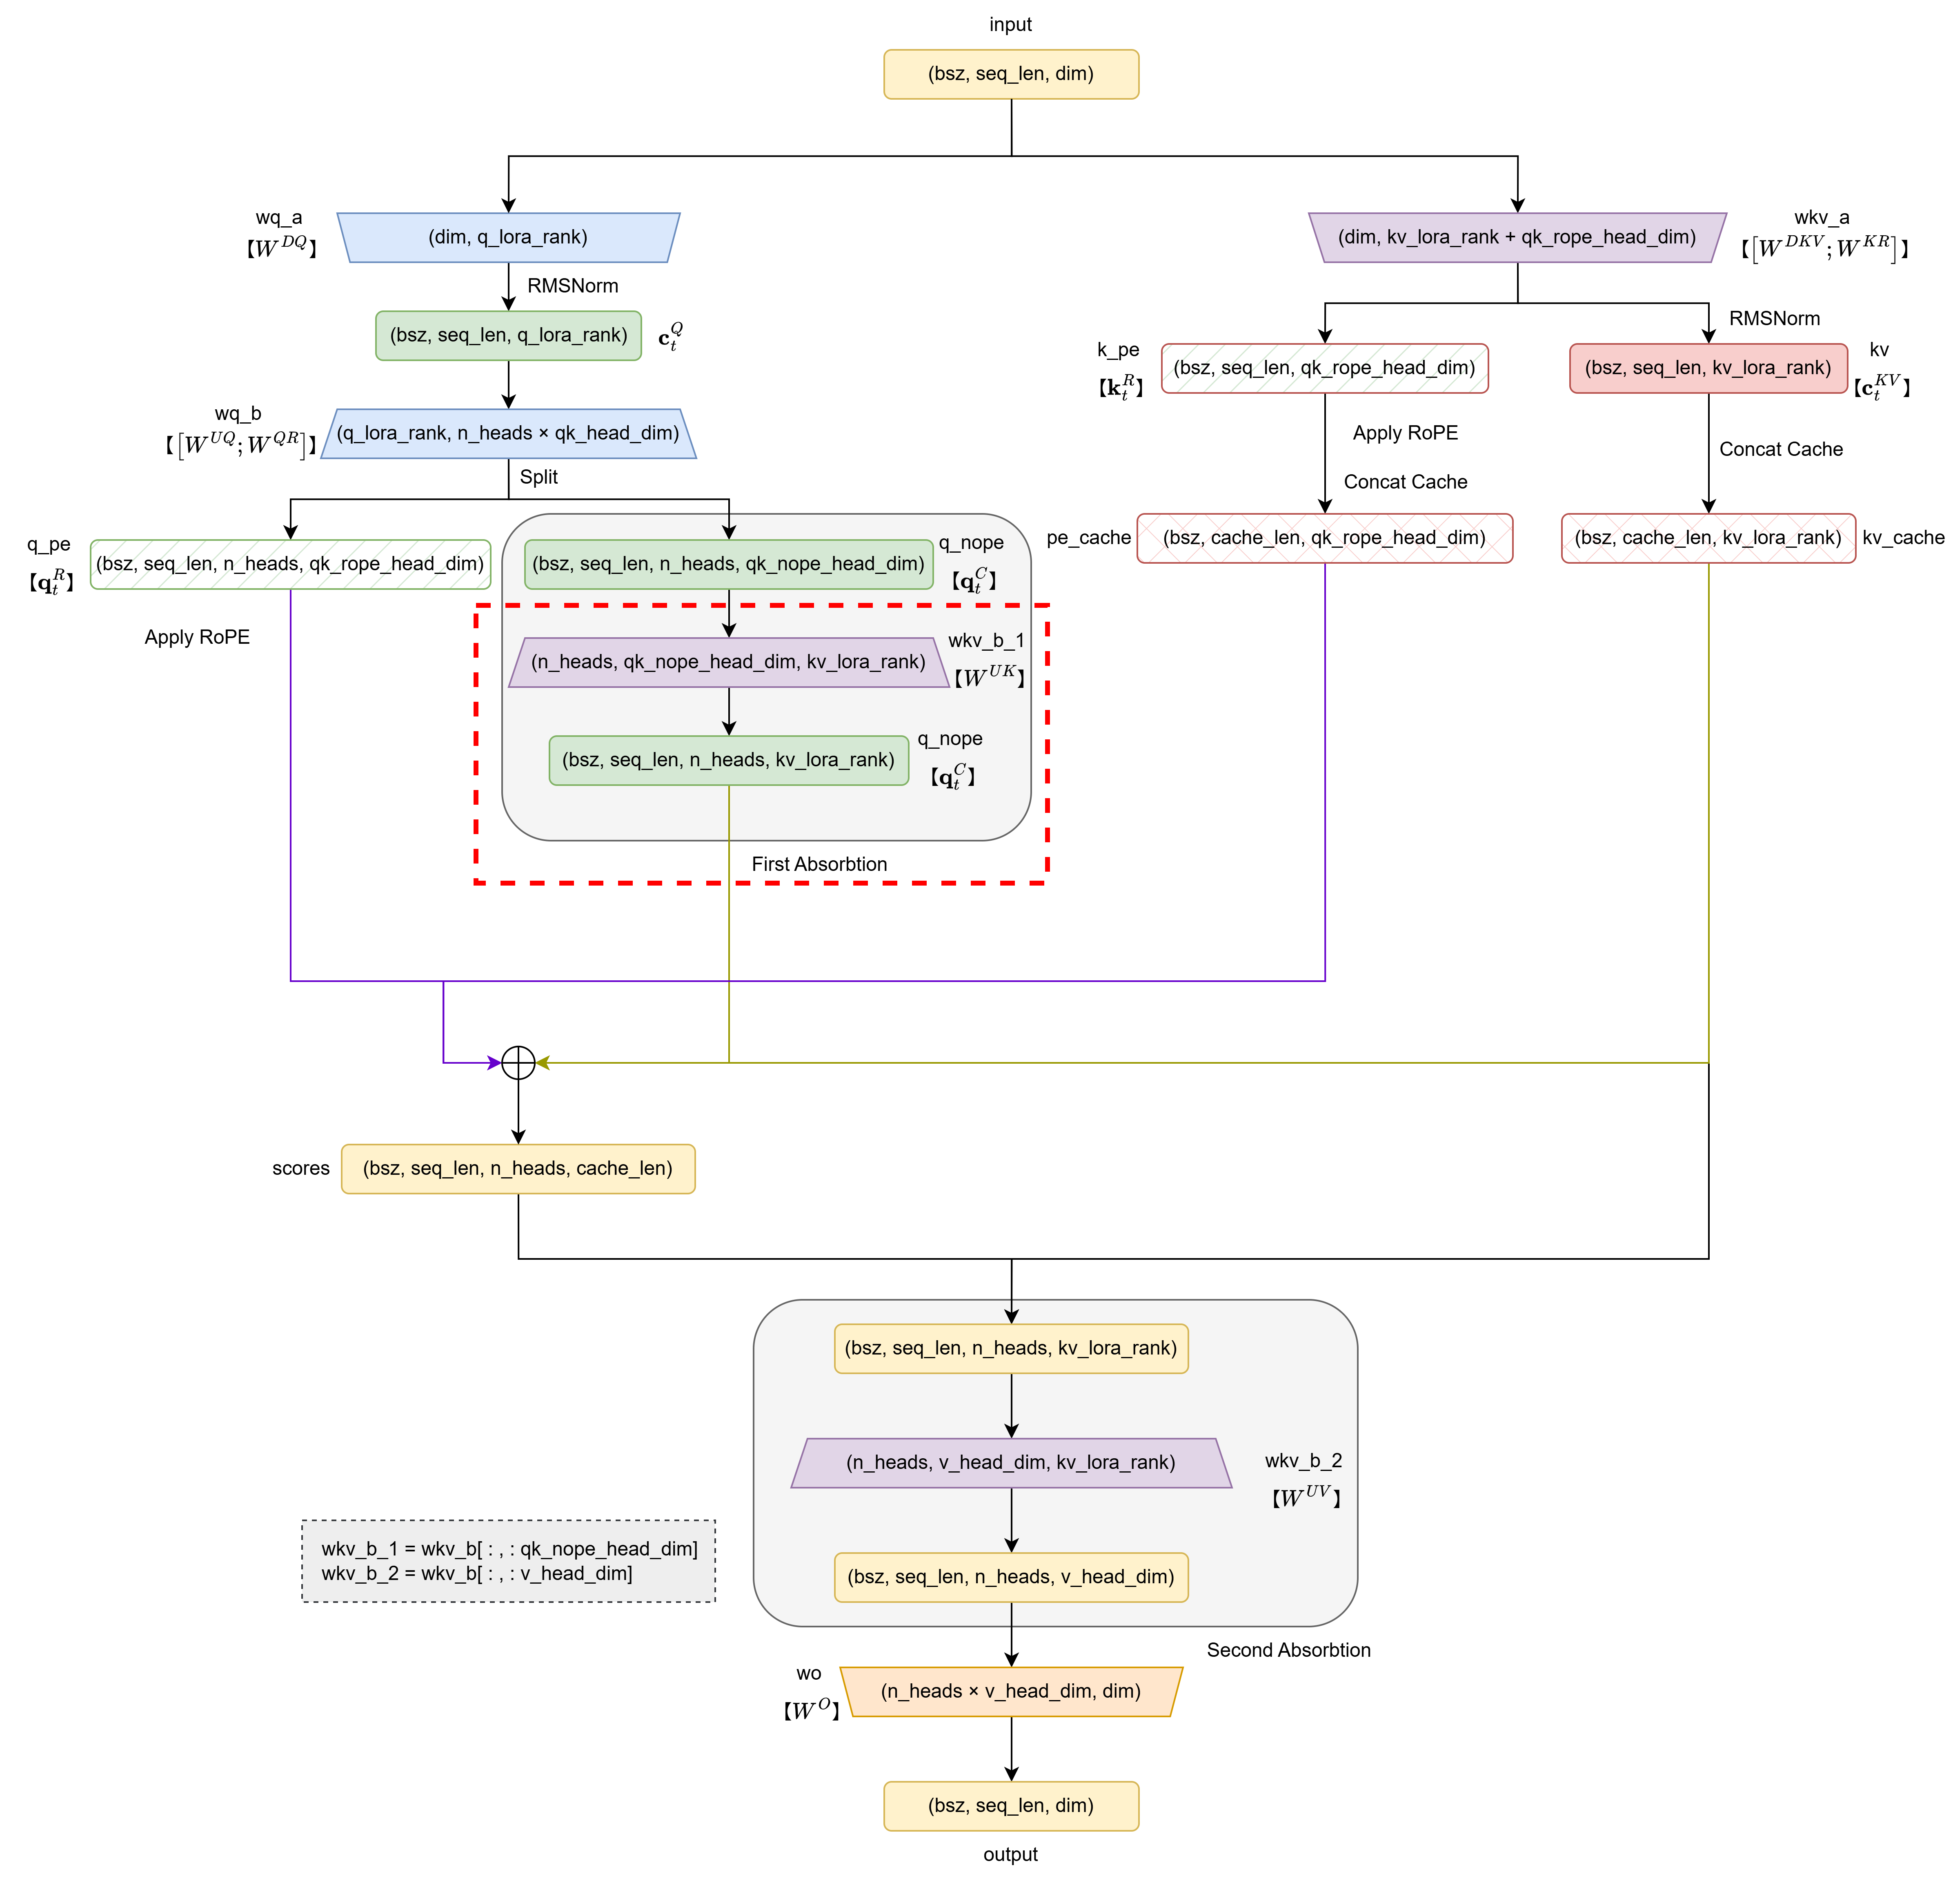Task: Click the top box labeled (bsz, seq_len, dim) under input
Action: click(1010, 74)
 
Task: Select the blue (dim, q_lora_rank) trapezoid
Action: click(508, 237)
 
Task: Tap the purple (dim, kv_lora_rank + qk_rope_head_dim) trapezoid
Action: click(1517, 237)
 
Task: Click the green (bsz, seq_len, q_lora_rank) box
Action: click(508, 335)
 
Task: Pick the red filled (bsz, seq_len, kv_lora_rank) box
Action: click(1708, 368)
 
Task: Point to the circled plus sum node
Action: click(518, 1062)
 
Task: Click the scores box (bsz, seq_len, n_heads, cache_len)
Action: click(518, 1168)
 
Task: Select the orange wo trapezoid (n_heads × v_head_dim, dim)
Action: click(1010, 1692)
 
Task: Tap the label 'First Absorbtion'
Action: click(819, 864)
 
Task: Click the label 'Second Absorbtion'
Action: click(1288, 1650)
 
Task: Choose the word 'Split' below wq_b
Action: click(538, 476)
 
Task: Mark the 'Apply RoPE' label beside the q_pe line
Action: click(196, 637)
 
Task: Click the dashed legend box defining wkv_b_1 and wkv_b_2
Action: click(508, 1561)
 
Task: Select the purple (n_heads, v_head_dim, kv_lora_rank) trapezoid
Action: click(1010, 1462)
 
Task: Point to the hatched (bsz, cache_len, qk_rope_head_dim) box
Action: click(1324, 538)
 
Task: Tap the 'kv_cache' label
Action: click(1902, 538)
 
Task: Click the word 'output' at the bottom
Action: click(1010, 1854)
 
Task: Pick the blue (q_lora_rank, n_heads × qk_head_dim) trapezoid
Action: click(508, 434)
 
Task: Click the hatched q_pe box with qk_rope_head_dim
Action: click(290, 564)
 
